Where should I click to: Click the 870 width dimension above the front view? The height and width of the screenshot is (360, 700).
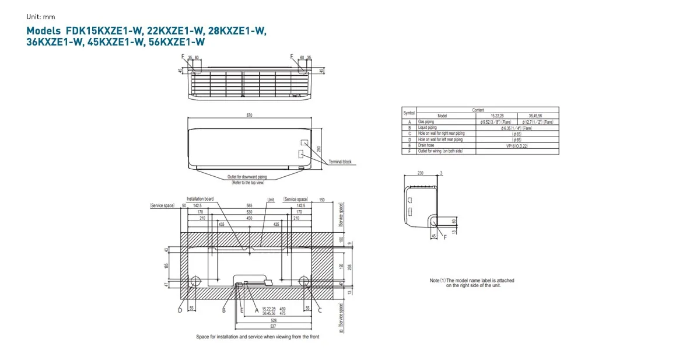(x=250, y=115)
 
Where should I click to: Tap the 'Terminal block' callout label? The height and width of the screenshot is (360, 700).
(x=340, y=162)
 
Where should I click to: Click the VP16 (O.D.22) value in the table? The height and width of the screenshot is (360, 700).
(x=517, y=145)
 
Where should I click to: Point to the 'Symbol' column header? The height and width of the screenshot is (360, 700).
(x=409, y=113)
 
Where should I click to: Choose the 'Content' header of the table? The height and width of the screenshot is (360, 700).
(x=478, y=110)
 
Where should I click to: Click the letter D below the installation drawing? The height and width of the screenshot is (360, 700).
(x=180, y=310)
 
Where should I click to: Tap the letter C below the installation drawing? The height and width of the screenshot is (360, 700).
(x=320, y=310)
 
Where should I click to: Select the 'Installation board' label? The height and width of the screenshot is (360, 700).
(x=200, y=199)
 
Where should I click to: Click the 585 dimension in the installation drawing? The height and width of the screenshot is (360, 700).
(x=249, y=206)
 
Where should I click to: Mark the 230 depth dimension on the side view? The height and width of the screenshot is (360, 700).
(x=421, y=173)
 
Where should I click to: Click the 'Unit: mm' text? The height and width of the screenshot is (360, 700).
(x=40, y=17)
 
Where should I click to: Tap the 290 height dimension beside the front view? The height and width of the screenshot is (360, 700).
(x=319, y=149)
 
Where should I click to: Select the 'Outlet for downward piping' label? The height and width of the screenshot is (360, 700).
(x=247, y=177)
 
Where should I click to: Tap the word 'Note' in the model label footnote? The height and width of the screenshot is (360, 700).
(x=435, y=281)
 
